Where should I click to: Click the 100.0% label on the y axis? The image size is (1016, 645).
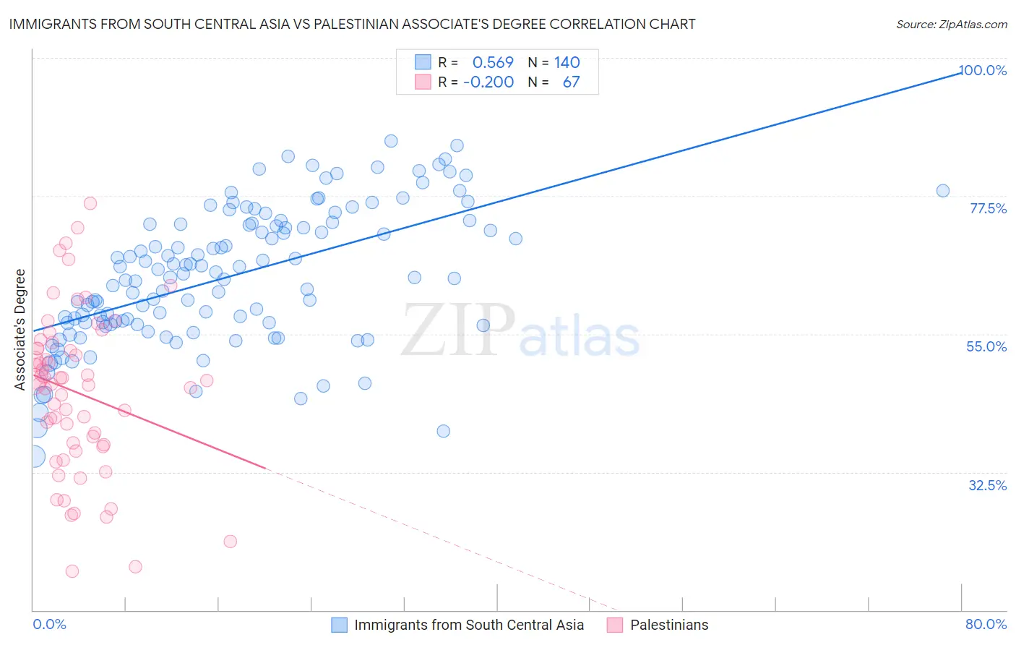(x=983, y=70)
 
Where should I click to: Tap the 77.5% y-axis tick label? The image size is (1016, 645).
(x=988, y=208)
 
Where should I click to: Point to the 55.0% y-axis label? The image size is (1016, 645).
(x=986, y=346)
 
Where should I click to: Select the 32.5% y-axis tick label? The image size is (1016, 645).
(x=987, y=485)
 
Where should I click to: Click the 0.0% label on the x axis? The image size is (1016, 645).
(x=49, y=624)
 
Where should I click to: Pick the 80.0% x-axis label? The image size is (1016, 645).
(x=986, y=624)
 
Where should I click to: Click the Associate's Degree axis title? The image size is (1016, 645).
(x=20, y=330)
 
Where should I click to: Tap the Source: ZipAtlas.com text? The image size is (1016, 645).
(x=951, y=25)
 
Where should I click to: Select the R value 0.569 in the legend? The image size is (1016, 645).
(x=493, y=62)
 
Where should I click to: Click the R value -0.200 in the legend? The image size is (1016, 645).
(x=488, y=82)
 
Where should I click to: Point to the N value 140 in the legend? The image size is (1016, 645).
(x=567, y=62)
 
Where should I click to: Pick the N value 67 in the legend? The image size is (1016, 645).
(x=571, y=82)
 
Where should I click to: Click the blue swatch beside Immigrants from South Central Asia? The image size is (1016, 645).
(x=340, y=625)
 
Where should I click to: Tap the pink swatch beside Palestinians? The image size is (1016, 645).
(x=615, y=625)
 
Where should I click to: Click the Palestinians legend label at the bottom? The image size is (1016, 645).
(x=669, y=625)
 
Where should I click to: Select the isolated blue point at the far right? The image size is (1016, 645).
(x=943, y=191)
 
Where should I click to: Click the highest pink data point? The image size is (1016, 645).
(x=90, y=203)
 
